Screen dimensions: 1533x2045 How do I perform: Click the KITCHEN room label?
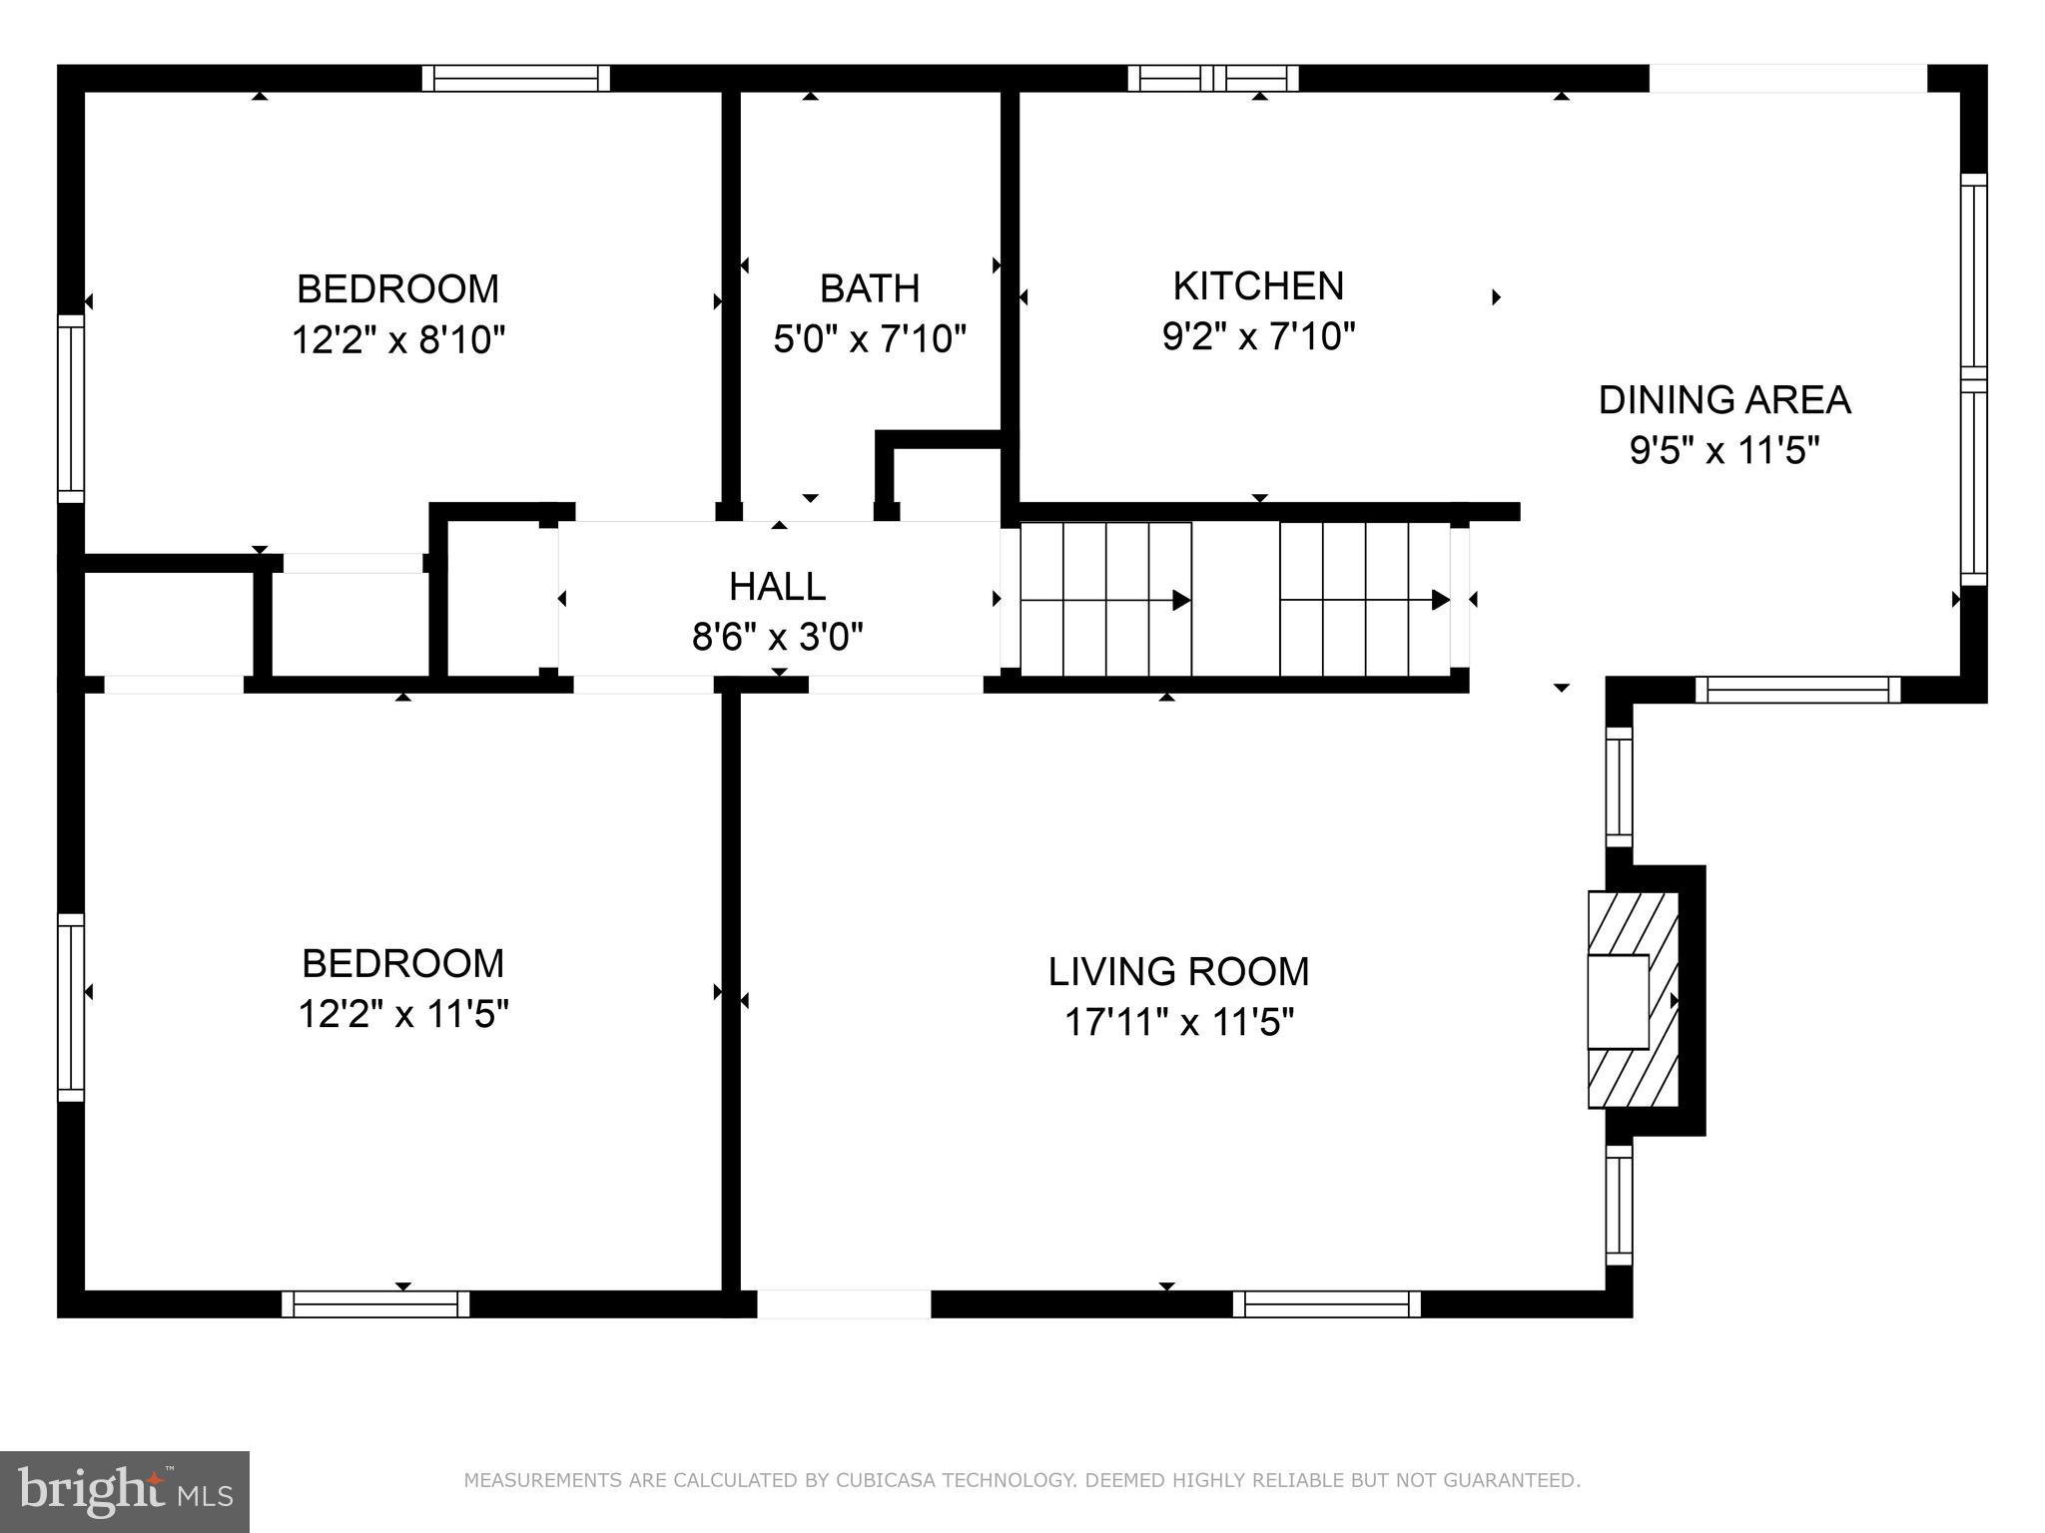[1258, 286]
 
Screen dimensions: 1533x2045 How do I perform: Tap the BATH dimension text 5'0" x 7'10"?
[870, 339]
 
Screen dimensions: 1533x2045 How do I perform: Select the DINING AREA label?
[1724, 400]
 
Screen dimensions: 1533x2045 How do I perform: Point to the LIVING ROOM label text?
[1178, 971]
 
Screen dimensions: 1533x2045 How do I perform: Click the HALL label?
[777, 587]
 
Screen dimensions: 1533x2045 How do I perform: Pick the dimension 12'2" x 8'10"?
[398, 340]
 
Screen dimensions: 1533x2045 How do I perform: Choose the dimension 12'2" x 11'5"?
[403, 1015]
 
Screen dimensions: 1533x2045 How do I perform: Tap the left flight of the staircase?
[1105, 599]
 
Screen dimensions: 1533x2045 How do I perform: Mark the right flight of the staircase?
[1365, 599]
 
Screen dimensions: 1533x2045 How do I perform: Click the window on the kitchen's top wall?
[1213, 78]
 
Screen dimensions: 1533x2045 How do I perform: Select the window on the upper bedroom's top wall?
[515, 78]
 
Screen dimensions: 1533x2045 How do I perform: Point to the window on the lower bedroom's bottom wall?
[375, 1303]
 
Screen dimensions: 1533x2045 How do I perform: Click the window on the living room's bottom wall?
[1326, 1303]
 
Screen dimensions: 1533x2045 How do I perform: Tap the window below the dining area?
[1797, 689]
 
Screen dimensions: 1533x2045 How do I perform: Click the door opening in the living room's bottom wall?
[844, 1303]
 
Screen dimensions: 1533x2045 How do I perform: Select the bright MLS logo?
[124, 1491]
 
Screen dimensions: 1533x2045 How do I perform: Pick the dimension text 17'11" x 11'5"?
[1178, 1023]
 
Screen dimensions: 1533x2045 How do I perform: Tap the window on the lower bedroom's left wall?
[71, 1007]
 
